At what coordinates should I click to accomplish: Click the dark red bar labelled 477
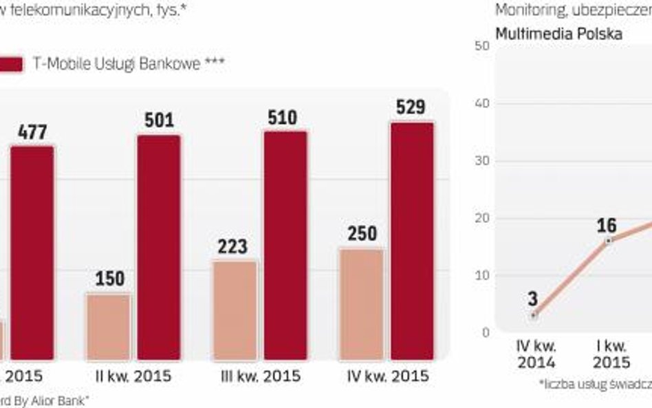32,253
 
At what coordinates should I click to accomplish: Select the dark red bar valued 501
158,247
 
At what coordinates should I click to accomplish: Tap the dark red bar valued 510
285,245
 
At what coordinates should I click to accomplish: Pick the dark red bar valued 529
412,241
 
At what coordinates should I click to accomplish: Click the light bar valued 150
109,327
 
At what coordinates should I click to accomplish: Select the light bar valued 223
235,310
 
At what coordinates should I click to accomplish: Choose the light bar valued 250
362,304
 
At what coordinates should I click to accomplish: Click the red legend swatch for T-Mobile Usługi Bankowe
10,65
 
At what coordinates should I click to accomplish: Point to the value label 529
411,108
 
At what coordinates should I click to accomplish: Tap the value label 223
233,246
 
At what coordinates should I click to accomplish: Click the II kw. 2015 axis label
133,376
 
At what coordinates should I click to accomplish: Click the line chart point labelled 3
533,315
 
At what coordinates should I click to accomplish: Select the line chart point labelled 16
608,241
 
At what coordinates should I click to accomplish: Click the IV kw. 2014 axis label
536,354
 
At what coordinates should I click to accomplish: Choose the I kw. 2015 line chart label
611,354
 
